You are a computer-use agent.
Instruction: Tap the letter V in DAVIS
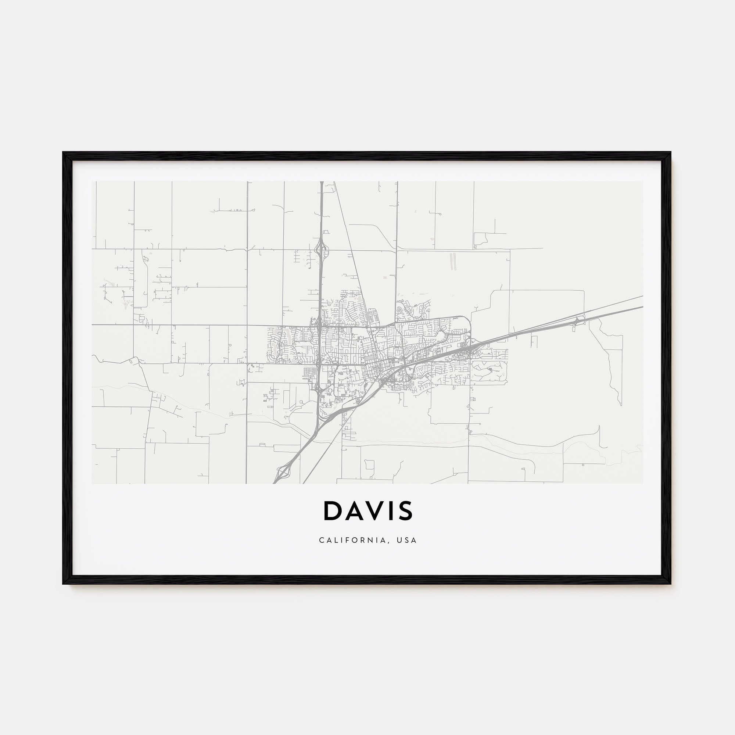click(372, 510)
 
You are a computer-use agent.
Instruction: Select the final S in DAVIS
click(406, 510)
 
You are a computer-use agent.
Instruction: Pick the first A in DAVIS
click(352, 510)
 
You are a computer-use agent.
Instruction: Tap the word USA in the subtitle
click(407, 540)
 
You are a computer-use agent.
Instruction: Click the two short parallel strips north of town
click(453, 261)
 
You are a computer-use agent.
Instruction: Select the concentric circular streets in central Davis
click(411, 349)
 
